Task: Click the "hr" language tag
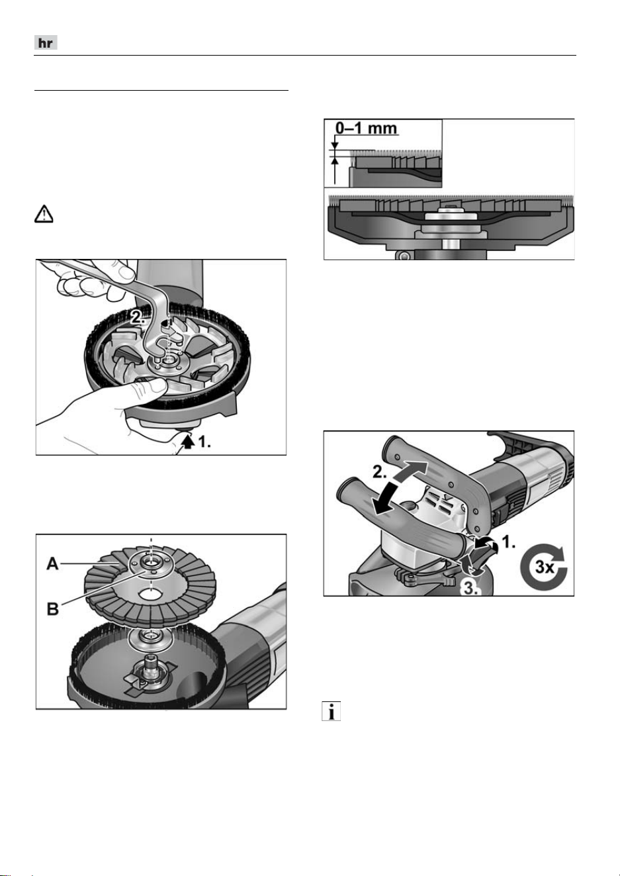(46, 43)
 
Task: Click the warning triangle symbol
(44, 214)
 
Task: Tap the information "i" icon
(331, 711)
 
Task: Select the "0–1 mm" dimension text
(367, 128)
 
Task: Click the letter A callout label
(52, 564)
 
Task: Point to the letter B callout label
(53, 609)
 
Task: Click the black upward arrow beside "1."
(189, 442)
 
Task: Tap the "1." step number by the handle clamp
(509, 542)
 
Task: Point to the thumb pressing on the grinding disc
(150, 386)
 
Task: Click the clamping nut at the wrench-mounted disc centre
(167, 359)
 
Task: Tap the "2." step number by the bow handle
(380, 472)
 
